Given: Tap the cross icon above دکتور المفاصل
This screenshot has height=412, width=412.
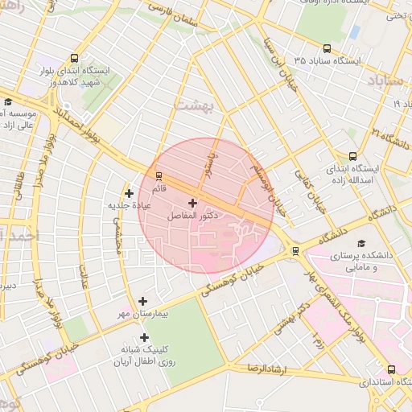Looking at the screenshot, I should [x=192, y=203].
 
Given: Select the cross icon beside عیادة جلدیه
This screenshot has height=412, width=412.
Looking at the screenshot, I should [x=129, y=193].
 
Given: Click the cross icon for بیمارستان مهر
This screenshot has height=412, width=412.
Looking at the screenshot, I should [x=143, y=301].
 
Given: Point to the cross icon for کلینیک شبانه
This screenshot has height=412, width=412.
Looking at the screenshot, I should [x=145, y=338].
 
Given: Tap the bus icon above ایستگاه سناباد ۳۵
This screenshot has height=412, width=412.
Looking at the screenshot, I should [x=326, y=48].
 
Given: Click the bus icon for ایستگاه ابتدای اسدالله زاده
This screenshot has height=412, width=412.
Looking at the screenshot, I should [x=352, y=157].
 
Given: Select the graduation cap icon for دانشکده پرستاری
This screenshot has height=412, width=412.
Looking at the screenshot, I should [x=360, y=242].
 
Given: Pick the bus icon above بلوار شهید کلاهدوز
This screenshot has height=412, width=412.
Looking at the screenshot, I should [x=75, y=59].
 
